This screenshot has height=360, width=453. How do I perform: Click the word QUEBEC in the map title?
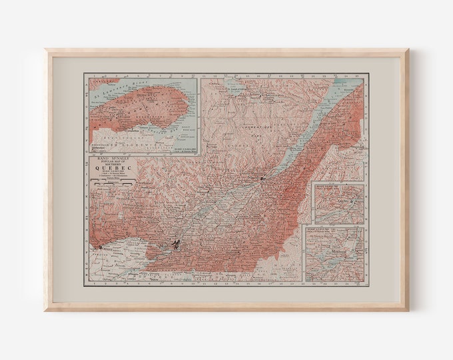click(x=109, y=168)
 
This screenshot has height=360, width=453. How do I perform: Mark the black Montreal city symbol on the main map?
click(x=176, y=245)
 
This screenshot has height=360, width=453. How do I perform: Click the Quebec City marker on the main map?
click(x=264, y=179)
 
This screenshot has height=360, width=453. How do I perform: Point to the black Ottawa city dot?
click(x=101, y=248)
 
